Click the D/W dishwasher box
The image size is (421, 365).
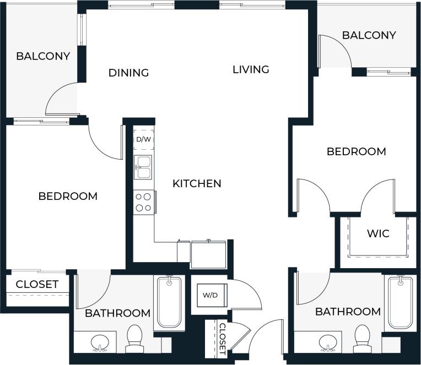(x=143, y=140)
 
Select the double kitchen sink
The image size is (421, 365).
(x=144, y=167)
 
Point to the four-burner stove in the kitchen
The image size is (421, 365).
(x=144, y=201)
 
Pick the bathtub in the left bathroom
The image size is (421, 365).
(x=169, y=303)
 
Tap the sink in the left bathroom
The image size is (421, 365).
(x=100, y=342)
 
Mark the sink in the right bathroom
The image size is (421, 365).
(x=327, y=342)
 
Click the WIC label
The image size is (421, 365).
(x=378, y=233)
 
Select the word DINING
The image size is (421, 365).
(x=128, y=73)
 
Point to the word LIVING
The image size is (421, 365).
(x=251, y=69)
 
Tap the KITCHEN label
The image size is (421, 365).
(x=197, y=183)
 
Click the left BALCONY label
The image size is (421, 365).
(x=43, y=56)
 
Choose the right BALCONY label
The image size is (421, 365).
(x=369, y=35)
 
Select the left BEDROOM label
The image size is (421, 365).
(x=68, y=196)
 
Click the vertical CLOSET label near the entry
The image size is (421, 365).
(x=222, y=337)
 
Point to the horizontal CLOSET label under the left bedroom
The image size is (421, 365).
(x=37, y=285)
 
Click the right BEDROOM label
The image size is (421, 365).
(x=356, y=151)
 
